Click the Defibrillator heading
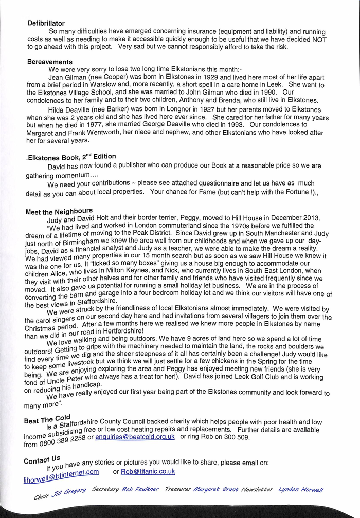(x=46, y=23)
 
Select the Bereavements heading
(x=49, y=62)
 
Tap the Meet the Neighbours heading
(x=59, y=211)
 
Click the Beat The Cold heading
(x=47, y=419)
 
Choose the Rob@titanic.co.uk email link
(x=148, y=471)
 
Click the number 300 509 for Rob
(x=237, y=437)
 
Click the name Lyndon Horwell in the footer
(x=301, y=489)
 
